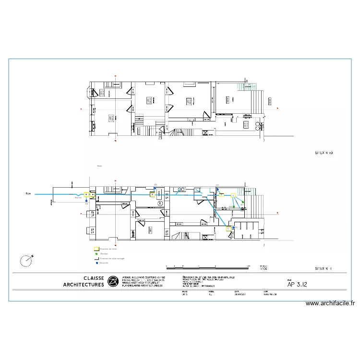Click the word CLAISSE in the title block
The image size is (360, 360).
click(94, 278)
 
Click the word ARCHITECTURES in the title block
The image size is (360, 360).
click(84, 285)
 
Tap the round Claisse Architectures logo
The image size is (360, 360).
click(113, 281)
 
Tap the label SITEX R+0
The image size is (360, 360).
click(324, 153)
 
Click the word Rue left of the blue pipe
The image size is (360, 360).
click(28, 194)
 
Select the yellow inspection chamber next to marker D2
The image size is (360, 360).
click(153, 194)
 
